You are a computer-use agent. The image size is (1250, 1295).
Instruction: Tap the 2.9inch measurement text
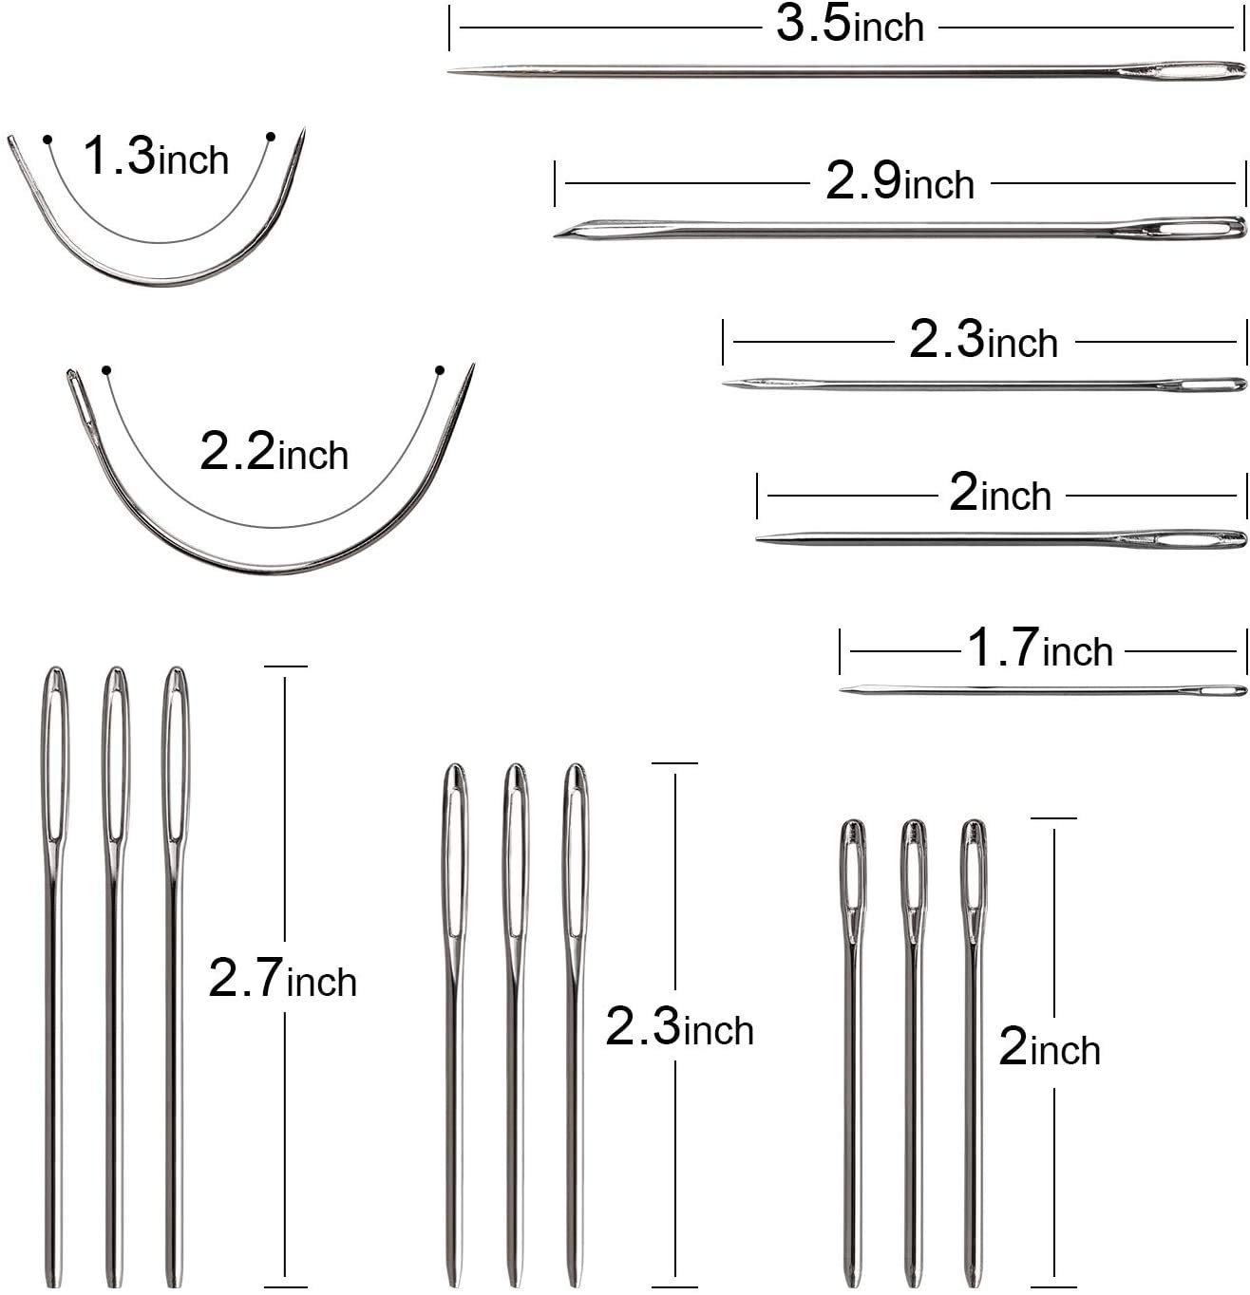coord(900,180)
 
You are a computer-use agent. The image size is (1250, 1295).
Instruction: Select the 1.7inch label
coord(1039,649)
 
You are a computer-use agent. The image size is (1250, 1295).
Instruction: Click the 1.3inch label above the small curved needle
coord(156,157)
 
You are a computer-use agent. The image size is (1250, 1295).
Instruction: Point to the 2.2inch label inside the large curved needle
coord(274,452)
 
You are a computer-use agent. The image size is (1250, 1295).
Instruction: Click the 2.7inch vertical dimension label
coord(282,979)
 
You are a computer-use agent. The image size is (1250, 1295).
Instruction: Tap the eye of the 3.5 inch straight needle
coord(1183,71)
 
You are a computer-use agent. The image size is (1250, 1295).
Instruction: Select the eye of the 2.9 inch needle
coord(1192,228)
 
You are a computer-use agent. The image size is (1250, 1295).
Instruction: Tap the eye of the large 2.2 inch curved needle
coord(84,404)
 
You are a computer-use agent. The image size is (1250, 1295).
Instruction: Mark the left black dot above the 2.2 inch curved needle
coord(106,369)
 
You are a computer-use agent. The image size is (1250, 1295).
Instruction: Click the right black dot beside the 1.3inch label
coord(270,137)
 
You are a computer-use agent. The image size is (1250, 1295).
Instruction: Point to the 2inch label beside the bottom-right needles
coord(1049,1048)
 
